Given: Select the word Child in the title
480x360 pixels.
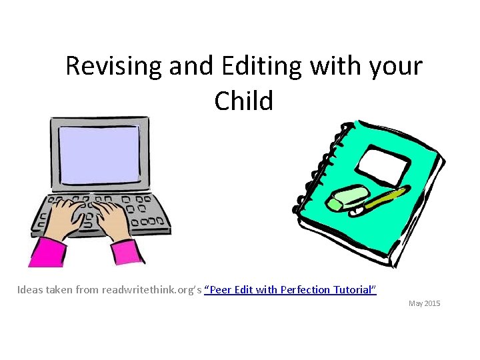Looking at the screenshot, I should [x=244, y=101].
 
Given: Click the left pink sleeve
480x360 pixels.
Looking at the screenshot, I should [x=47, y=252].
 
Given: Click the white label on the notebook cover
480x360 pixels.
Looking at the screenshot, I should [x=385, y=165].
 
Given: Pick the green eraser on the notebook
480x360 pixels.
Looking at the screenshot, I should [x=348, y=198].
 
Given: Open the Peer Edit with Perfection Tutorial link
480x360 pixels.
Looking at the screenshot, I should [x=290, y=290].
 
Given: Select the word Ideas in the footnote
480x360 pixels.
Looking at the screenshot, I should [x=29, y=290].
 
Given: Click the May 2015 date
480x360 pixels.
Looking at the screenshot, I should [x=424, y=303].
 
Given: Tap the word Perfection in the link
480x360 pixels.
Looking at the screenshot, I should [x=305, y=290].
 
